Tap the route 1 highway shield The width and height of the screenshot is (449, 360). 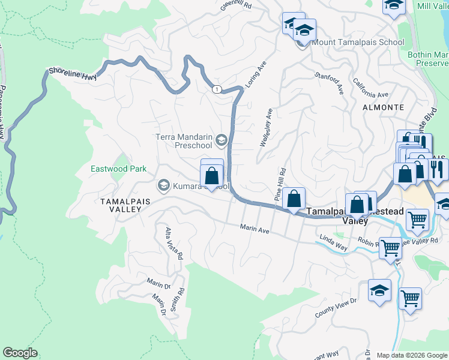tap(215, 89)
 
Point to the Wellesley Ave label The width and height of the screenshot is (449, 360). tap(266, 127)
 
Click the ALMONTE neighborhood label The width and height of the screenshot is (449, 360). tap(384, 107)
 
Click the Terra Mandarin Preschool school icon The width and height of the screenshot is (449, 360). tap(221, 141)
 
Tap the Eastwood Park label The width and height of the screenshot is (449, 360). tap(118, 169)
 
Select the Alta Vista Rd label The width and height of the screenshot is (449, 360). tap(173, 243)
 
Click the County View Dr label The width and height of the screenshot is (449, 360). tap(336, 309)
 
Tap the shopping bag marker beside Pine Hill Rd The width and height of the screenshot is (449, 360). tap(294, 198)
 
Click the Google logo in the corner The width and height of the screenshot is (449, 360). tap(20, 353)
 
